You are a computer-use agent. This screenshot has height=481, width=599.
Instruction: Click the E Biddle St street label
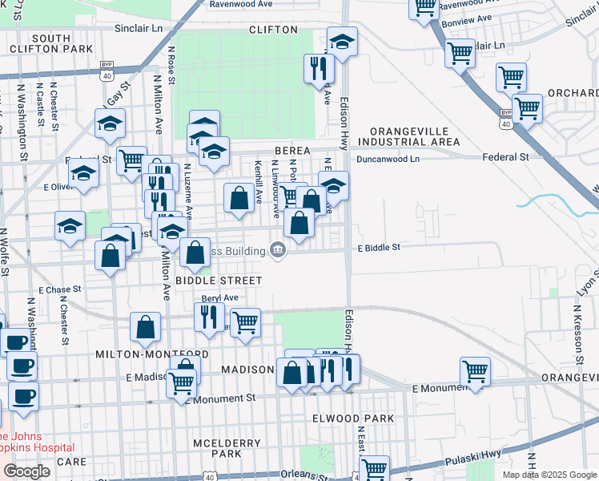(379, 248)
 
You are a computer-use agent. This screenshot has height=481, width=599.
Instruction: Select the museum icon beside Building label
(278, 251)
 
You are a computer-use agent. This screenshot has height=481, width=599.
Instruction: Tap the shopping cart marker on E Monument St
(475, 371)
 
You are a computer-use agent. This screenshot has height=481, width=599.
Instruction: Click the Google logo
(26, 471)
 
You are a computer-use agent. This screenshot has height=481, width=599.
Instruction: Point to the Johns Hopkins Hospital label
(38, 442)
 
